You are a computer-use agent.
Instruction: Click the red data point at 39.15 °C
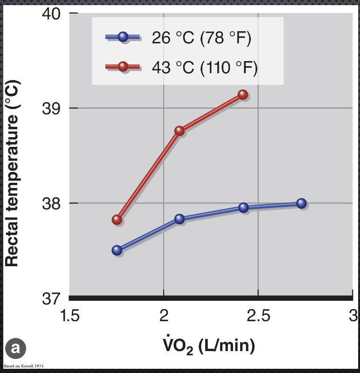(x=242, y=95)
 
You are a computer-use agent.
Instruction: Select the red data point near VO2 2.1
(x=180, y=131)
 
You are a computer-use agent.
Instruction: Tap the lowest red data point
(x=117, y=220)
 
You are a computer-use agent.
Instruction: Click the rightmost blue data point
(x=301, y=203)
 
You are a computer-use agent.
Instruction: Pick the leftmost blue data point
(x=117, y=250)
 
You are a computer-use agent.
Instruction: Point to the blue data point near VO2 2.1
(x=180, y=219)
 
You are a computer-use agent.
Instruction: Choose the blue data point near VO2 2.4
(x=243, y=207)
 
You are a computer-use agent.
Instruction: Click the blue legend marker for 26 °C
(x=123, y=37)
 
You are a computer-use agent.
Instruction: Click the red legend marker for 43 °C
(x=123, y=67)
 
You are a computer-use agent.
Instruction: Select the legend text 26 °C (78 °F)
(x=201, y=38)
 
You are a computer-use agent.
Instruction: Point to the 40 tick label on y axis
(x=51, y=13)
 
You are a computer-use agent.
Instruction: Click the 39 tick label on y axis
(x=51, y=108)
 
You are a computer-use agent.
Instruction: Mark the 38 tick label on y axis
(x=51, y=203)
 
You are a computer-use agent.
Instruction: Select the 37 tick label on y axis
(x=51, y=298)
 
